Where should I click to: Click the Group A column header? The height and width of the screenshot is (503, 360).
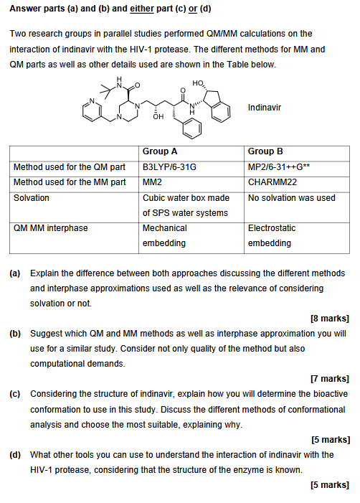tap(160, 151)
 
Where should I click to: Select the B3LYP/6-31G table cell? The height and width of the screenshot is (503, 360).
tap(169, 167)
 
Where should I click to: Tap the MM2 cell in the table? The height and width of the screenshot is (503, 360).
tap(152, 182)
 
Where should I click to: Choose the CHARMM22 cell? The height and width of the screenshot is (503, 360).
tap(273, 182)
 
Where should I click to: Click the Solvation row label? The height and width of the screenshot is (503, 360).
tap(32, 197)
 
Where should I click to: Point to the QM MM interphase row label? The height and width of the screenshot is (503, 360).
tap(50, 227)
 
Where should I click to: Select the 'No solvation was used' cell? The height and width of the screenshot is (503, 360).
tap(291, 197)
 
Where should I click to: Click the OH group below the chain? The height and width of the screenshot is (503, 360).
tap(159, 117)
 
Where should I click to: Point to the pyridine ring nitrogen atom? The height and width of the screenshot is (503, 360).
tap(92, 100)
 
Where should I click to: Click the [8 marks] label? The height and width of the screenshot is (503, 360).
tap(330, 318)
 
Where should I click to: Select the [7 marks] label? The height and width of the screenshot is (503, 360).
tap(330, 378)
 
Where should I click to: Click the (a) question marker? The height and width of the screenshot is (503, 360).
tap(15, 273)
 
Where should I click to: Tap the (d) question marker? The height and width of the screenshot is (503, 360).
tap(15, 454)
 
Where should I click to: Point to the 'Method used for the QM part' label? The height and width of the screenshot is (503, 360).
tap(70, 167)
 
